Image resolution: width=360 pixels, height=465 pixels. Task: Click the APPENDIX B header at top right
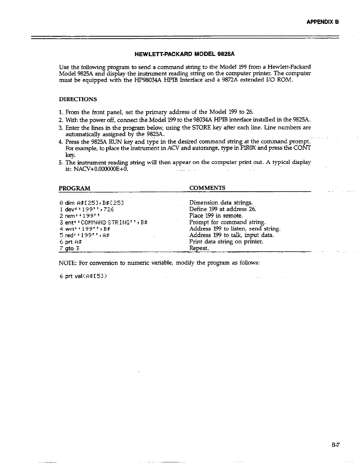[323, 22]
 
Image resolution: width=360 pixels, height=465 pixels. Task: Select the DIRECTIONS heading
[78, 99]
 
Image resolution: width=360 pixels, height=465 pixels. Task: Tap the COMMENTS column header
[207, 188]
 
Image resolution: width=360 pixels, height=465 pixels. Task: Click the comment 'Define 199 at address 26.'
[223, 209]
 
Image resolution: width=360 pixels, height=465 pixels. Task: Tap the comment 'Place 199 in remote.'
[216, 216]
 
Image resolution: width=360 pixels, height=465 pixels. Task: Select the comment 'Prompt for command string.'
[227, 222]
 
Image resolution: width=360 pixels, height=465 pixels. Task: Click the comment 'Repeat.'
[199, 248]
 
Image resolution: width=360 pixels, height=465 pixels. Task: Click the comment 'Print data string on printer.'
[226, 242]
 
